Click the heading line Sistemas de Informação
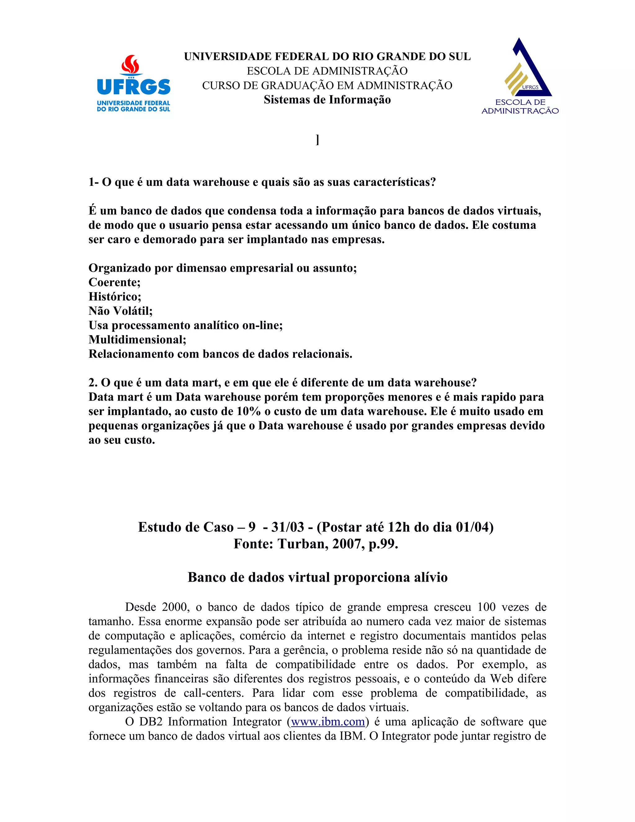pos(327,100)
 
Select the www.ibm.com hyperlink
pos(328,721)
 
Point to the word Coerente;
pos(114,282)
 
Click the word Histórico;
pos(115,297)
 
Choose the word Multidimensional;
pos(137,339)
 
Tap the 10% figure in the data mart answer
pos(248,411)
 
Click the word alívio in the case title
pos(431,577)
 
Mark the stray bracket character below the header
pos(318,140)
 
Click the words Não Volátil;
pos(120,311)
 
